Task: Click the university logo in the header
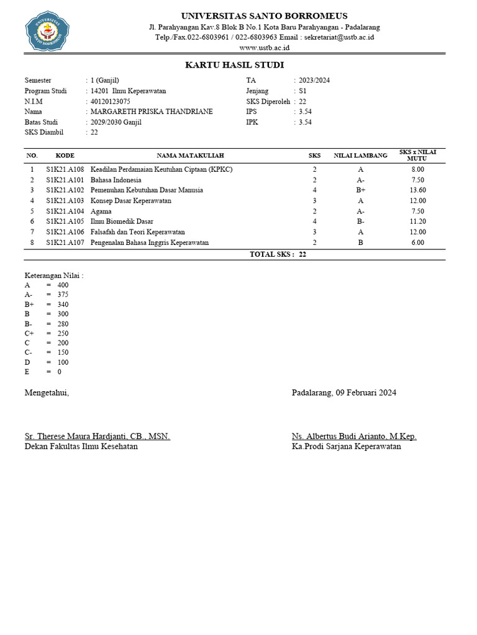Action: [x=47, y=29]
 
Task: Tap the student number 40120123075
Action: [x=111, y=101]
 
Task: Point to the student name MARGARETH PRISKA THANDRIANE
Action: [x=152, y=112]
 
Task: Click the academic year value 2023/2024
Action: [x=314, y=80]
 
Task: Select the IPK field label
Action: [x=252, y=122]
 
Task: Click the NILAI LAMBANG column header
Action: [x=360, y=155]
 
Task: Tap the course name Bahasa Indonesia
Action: [x=116, y=180]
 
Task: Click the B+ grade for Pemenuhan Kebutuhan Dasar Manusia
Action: [x=361, y=190]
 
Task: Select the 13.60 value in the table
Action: [x=417, y=190]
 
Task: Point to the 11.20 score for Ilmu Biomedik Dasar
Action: [x=417, y=221]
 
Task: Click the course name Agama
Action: [x=101, y=211]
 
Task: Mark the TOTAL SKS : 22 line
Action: [x=278, y=254]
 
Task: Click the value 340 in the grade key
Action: [x=63, y=304]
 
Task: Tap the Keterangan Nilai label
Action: [x=54, y=275]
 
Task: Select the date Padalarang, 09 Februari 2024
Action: [x=344, y=393]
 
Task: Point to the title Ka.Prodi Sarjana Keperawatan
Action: [x=347, y=446]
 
